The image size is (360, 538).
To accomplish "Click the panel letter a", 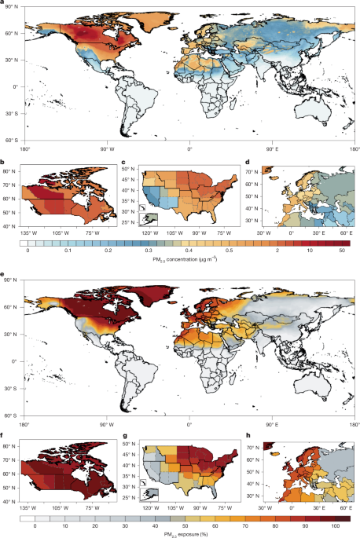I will pos(3,3).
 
